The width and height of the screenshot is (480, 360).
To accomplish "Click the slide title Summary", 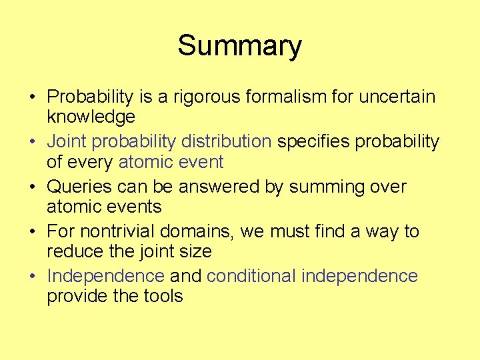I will coord(239,46).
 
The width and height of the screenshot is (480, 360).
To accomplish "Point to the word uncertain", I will coord(397,97).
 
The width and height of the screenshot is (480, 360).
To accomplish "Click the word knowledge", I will coord(91,117).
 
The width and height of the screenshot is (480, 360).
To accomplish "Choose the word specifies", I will coord(313,142).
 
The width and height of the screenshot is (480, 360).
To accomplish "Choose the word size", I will coord(197,251).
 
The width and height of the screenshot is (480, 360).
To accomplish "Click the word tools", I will coord(162,296).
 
